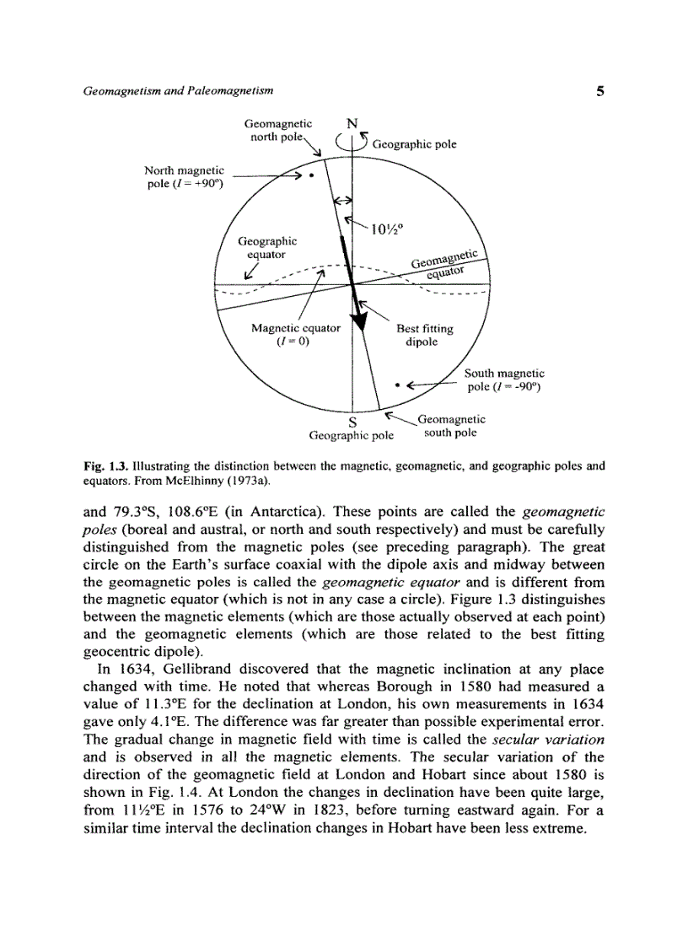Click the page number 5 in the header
599,91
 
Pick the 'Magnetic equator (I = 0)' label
295,335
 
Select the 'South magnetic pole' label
504,379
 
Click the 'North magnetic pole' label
184,178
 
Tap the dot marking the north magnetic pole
311,176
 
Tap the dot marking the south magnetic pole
395,387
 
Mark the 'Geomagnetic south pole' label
451,425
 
